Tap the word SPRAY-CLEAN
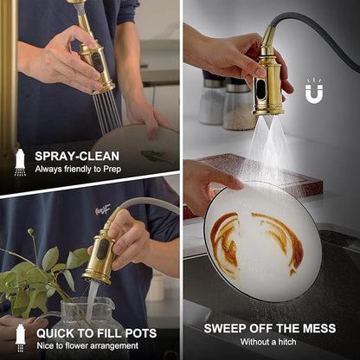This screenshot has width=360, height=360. (77, 156)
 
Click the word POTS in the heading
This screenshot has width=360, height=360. (141, 333)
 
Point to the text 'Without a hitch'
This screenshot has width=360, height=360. (268, 342)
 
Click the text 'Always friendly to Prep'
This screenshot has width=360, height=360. (78, 169)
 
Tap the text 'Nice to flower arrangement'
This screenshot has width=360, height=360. (87, 345)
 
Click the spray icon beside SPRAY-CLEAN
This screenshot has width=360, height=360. (20, 163)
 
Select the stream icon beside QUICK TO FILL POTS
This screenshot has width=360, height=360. (20, 338)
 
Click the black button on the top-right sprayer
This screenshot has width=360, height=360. (260, 89)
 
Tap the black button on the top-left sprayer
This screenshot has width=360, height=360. (98, 62)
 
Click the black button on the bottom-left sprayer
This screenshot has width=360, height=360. (102, 248)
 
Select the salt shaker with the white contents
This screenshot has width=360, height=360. (212, 99)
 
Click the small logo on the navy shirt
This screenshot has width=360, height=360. (103, 210)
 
